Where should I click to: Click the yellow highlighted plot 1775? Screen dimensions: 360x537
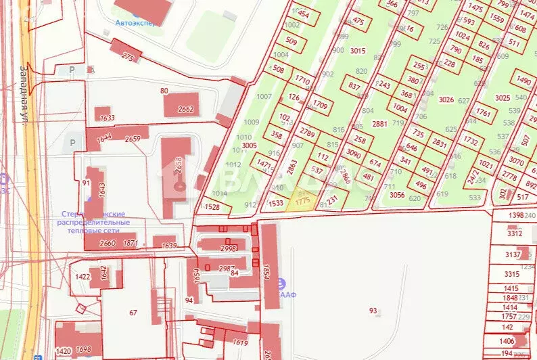[x=302, y=201]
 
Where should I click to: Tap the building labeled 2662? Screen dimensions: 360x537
[x=185, y=108]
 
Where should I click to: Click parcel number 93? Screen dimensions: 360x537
[x=373, y=311]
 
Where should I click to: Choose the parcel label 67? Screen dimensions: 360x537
[x=133, y=312]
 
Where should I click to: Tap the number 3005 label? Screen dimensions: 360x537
[x=250, y=145]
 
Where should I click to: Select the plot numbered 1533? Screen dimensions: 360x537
[x=275, y=203]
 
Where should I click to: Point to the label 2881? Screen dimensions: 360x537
[x=379, y=123]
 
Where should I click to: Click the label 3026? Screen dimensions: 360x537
[x=446, y=99]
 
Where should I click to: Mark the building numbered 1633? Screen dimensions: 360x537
[x=107, y=118]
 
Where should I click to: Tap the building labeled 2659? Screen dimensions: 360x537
[x=132, y=139]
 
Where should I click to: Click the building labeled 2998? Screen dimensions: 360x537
[x=227, y=248]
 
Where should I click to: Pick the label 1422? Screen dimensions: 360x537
[x=83, y=277]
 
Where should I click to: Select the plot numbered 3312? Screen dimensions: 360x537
[x=514, y=233]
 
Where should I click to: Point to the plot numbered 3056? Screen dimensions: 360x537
[x=396, y=195]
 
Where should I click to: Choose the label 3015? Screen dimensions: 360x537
[x=358, y=51]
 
